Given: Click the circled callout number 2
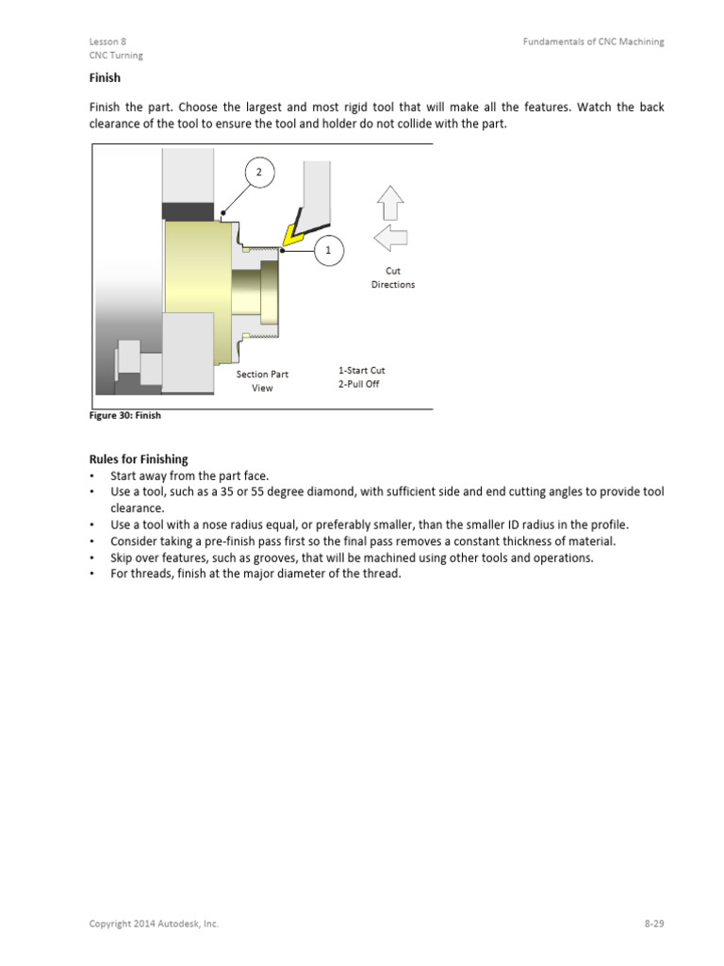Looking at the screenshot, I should pyautogui.click(x=259, y=173).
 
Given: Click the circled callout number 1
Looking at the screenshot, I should pyautogui.click(x=328, y=250).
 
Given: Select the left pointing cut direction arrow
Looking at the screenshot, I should pyautogui.click(x=390, y=240).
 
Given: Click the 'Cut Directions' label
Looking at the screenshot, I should pyautogui.click(x=393, y=277).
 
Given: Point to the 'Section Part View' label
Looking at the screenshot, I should pyautogui.click(x=262, y=381).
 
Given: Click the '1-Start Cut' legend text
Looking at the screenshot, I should pyautogui.click(x=362, y=370).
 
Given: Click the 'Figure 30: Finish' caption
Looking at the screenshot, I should pyautogui.click(x=124, y=415).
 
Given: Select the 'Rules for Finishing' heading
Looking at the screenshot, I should pyautogui.click(x=139, y=459).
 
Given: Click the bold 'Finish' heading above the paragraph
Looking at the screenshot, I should pyautogui.click(x=105, y=78).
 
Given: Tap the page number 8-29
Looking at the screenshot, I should pyautogui.click(x=654, y=924).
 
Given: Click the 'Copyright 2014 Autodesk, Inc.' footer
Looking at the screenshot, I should pyautogui.click(x=154, y=924).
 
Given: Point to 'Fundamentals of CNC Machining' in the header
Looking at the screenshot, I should pyautogui.click(x=594, y=42).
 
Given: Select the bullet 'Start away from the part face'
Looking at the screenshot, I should pyautogui.click(x=189, y=476).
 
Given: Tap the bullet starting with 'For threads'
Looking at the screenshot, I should pyautogui.click(x=255, y=574).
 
